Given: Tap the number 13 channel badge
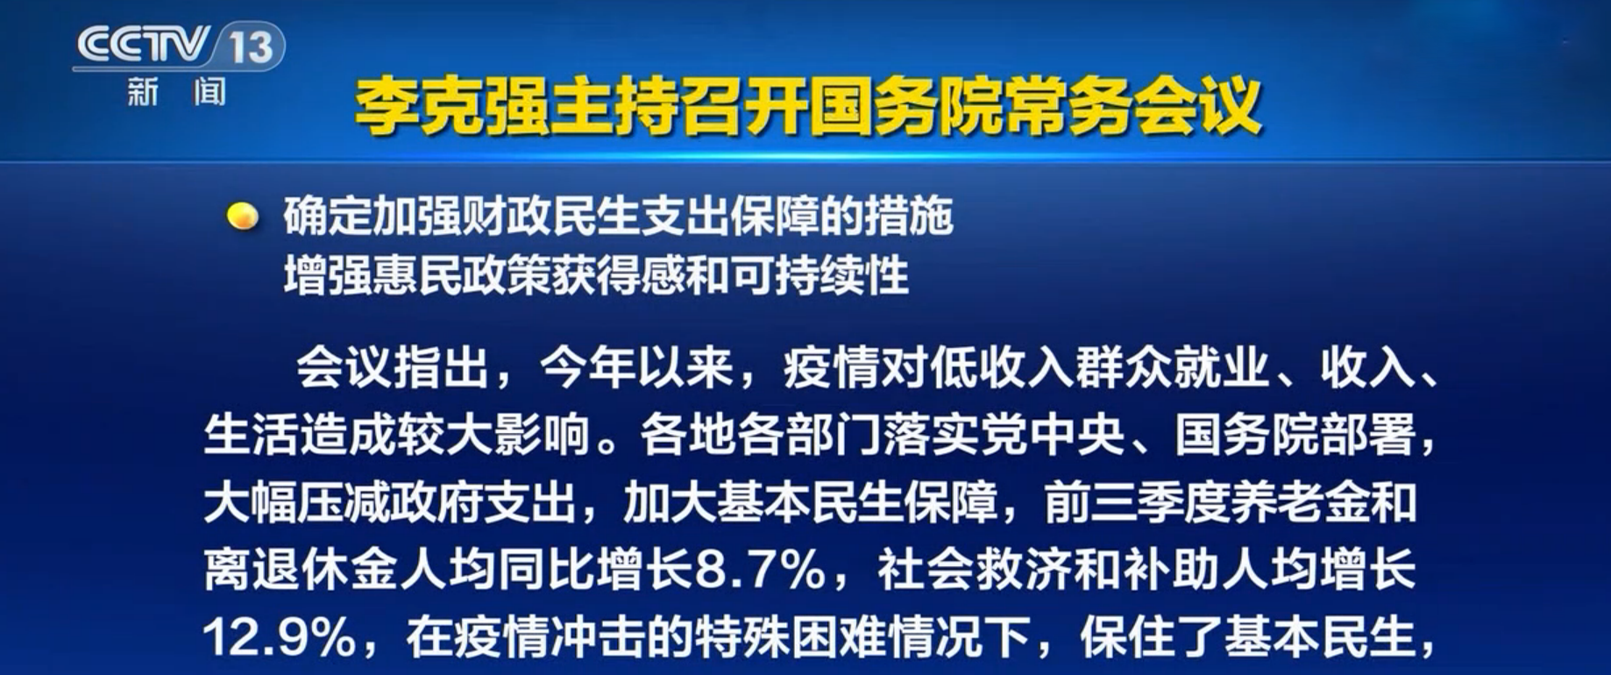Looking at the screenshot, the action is click(250, 46).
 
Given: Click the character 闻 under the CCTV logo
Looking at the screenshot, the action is click(209, 91).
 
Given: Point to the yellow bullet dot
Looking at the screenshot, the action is click(242, 217).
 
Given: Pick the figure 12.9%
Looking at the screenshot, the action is click(279, 638).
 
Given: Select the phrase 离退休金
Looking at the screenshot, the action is click(301, 571).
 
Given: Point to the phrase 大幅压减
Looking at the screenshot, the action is click(301, 503).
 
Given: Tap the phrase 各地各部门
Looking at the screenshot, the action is click(761, 435).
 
